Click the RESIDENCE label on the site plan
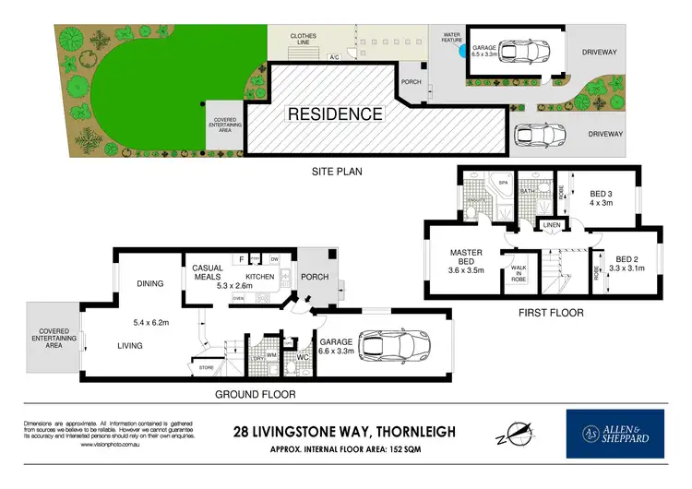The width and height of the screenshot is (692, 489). pos(335,114)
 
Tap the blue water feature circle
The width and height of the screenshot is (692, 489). pos(460,54)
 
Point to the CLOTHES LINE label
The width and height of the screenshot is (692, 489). pos(304,40)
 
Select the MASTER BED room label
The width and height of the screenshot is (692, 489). pos(467,257)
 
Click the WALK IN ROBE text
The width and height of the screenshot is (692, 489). pos(517,275)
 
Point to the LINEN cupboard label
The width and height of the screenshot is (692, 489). pos(553,225)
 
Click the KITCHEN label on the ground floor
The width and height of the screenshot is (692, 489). pos(261,277)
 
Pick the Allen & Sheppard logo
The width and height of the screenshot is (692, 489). pos(614,434)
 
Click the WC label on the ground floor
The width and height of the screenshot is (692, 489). pos(300,356)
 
